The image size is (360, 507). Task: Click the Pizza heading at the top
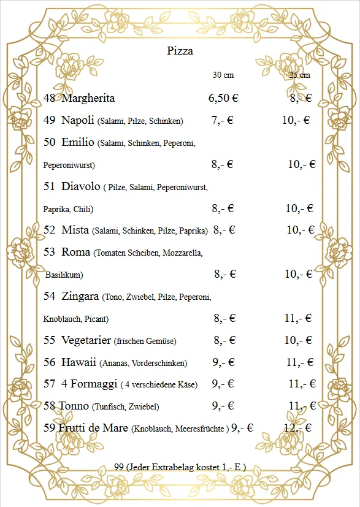coord(180,51)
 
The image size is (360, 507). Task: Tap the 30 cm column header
coord(223,75)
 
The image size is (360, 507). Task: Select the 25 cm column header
coord(299,75)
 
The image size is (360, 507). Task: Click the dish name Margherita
coord(88,98)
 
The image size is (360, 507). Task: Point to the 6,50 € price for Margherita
coord(223,98)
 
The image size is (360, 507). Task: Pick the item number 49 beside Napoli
coord(50,120)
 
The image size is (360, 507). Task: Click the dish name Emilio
coord(78,142)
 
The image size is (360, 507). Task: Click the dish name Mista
coord(75,230)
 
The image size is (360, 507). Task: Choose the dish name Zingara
coord(80,296)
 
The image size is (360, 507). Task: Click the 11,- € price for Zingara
coord(299,318)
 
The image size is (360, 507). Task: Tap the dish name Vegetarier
coord(86,340)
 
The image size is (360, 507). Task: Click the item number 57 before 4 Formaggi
coord(50,384)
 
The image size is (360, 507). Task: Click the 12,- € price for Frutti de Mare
coord(297,428)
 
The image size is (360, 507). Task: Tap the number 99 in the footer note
coord(119,467)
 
